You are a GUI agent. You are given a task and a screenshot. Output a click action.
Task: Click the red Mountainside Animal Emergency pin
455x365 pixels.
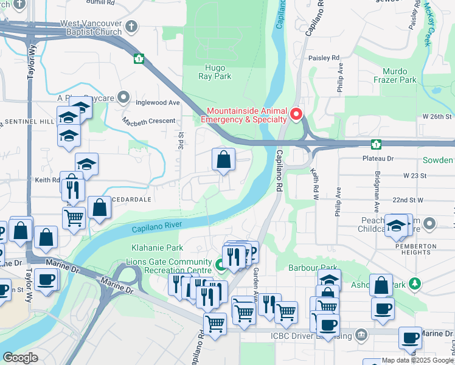click(x=296, y=114)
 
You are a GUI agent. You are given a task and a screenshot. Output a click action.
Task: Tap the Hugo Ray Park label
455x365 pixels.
click(x=215, y=72)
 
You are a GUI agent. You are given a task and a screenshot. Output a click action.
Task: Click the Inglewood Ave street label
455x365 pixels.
click(x=158, y=103)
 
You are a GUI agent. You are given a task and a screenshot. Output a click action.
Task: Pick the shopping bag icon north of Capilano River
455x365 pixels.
click(x=224, y=159)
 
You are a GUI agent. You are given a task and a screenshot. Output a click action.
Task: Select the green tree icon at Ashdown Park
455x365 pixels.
click(x=415, y=283)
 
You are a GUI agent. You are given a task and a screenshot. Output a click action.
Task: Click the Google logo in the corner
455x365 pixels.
click(x=21, y=358)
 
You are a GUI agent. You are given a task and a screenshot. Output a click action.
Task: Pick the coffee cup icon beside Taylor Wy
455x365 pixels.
click(x=46, y=280)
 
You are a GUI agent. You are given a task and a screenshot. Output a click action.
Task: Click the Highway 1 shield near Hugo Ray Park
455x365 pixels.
click(x=139, y=58)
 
